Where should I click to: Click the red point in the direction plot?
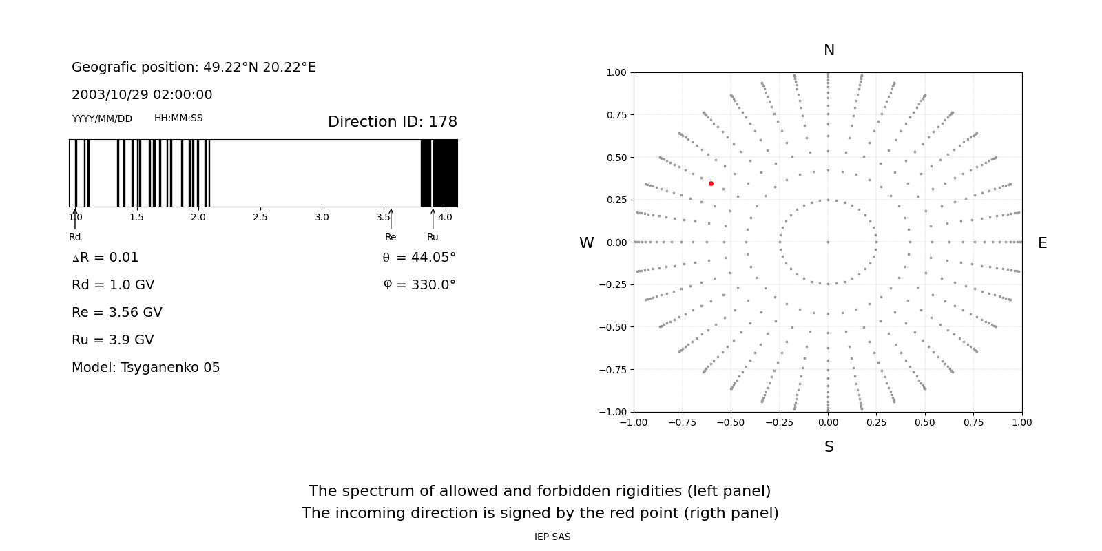[x=711, y=183]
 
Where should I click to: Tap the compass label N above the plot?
[x=829, y=50]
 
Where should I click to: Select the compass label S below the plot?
[x=829, y=447]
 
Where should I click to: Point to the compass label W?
[x=586, y=243]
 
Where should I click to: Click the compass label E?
[x=1042, y=243]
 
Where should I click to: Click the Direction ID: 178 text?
[x=392, y=122]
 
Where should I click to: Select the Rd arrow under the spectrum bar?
[x=75, y=219]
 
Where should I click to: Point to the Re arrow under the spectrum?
[x=391, y=219]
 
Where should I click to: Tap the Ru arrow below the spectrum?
[x=433, y=219]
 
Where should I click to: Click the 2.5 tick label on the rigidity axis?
[x=260, y=217]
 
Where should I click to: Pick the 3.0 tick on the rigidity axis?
[x=322, y=217]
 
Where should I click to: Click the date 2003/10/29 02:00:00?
[x=142, y=95]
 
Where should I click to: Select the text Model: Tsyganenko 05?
[x=145, y=368]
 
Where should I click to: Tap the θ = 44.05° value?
[x=419, y=258]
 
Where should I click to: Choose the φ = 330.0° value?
[x=419, y=285]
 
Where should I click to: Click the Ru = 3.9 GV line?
[x=112, y=340]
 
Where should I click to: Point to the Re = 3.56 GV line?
[x=116, y=313]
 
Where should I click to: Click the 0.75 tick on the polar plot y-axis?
[x=616, y=115]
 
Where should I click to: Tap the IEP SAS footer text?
[x=552, y=537]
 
